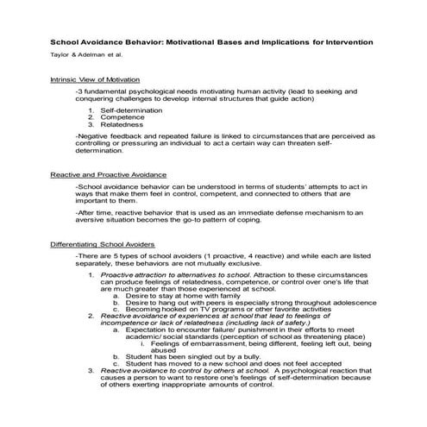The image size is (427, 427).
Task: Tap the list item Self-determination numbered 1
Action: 130,112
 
